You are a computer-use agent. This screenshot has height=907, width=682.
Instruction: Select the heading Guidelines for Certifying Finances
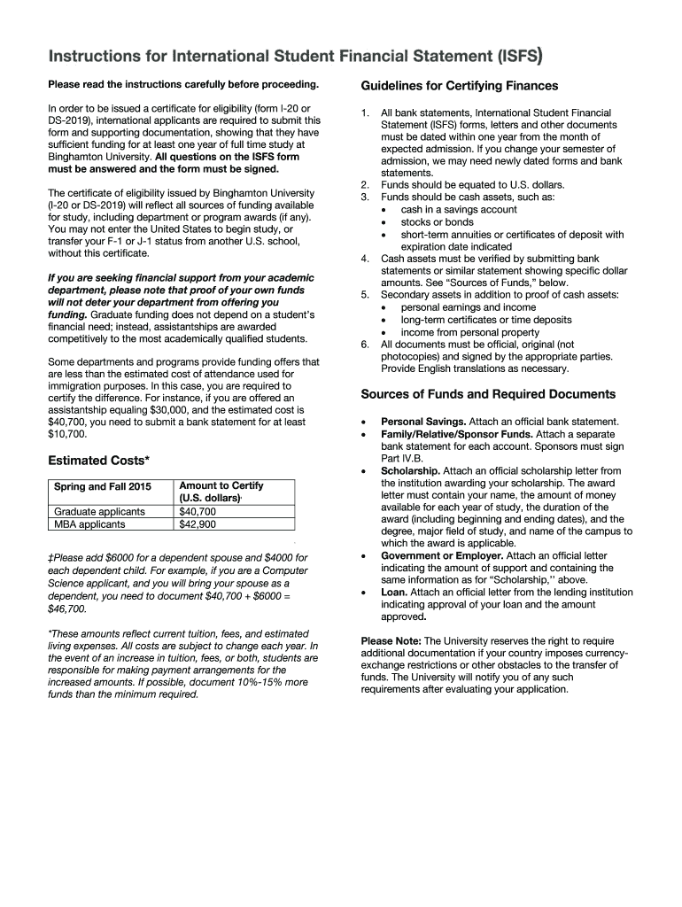click(460, 86)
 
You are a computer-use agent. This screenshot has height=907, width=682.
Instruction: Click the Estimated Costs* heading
click(98, 460)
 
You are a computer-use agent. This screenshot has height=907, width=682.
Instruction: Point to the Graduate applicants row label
click(99, 511)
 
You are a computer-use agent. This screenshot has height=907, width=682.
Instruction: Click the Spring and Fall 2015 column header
click(103, 486)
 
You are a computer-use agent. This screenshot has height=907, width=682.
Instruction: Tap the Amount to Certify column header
click(221, 486)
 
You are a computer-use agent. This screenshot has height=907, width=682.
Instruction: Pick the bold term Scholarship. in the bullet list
click(410, 471)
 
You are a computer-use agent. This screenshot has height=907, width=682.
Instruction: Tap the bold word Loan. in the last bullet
click(394, 592)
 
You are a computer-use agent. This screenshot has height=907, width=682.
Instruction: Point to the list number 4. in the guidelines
click(365, 259)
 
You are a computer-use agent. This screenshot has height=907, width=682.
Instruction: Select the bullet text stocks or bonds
click(437, 222)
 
